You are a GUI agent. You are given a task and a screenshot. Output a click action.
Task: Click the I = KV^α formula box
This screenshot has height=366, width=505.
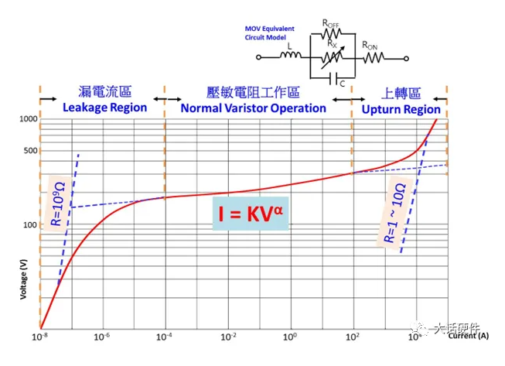251,213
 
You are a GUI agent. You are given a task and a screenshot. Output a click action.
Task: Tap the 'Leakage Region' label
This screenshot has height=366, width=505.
104,108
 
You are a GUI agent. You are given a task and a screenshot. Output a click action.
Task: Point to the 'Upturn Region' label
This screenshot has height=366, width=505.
400,109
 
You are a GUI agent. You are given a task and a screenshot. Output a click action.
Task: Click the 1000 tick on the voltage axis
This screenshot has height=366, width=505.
27,118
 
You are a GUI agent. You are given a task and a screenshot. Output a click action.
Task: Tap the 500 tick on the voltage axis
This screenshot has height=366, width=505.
29,150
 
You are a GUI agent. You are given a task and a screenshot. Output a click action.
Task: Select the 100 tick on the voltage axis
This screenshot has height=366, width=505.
29,224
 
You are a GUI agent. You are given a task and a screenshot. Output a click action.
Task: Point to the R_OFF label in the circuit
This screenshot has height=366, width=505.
331,24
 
